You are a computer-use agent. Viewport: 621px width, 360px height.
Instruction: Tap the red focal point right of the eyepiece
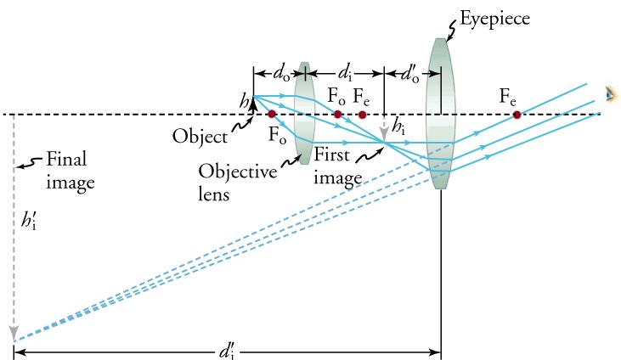point(517,115)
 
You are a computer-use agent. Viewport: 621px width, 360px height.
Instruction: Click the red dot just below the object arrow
point(272,114)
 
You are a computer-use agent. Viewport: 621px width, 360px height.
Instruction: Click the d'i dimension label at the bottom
point(228,349)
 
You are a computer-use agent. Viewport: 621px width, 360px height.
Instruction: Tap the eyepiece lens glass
point(439,115)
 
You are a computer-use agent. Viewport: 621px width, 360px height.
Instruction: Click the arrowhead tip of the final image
point(14,336)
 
